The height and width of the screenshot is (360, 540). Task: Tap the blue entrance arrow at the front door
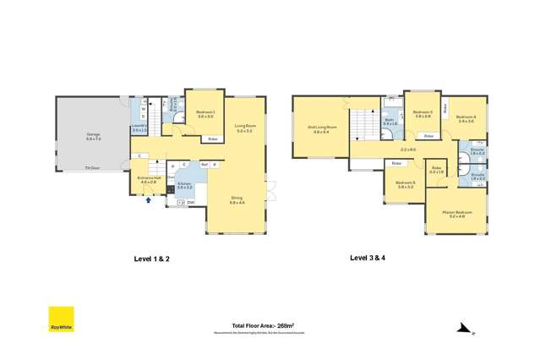tap(150, 200)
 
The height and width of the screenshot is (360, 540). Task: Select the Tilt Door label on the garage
tap(89, 167)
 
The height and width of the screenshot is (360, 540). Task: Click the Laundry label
tap(139, 128)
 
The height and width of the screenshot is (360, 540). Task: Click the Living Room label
tap(245, 128)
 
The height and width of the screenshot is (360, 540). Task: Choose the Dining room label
tap(236, 200)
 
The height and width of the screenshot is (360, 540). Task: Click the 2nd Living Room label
tap(321, 129)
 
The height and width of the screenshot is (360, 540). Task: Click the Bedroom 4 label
tap(466, 119)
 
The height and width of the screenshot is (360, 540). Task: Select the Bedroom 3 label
tap(423, 113)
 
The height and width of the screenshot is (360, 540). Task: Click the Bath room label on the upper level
tap(390, 121)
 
